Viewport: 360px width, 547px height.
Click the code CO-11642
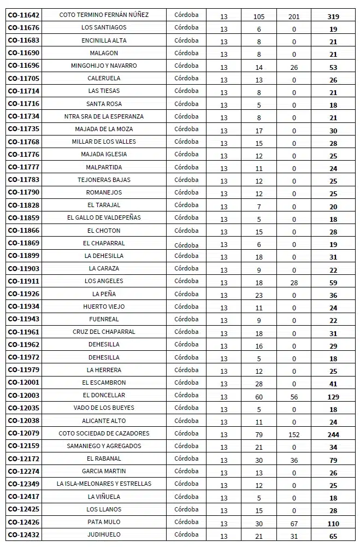point(23,15)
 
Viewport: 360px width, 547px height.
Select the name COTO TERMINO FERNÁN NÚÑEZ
point(104,15)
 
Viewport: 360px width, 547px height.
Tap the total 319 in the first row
point(333,16)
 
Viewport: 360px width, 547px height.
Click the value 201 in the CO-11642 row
point(294,16)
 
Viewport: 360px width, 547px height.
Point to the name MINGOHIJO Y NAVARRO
point(104,66)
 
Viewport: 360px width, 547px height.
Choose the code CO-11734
point(23,116)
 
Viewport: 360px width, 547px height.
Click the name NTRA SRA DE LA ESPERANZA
point(104,116)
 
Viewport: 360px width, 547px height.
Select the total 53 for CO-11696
point(333,67)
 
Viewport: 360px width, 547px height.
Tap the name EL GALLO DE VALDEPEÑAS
point(104,217)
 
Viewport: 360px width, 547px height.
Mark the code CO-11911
point(23,281)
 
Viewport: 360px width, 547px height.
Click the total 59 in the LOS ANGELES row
point(333,283)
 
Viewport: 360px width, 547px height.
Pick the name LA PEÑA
point(104,294)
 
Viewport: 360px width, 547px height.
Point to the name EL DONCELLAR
point(104,395)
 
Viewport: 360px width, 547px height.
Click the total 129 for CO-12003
point(333,397)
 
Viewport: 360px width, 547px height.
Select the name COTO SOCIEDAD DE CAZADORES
point(104,433)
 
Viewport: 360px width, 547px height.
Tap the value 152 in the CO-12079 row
point(294,435)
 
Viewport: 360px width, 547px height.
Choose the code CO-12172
point(23,458)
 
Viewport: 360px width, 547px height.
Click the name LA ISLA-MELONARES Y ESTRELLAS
point(104,484)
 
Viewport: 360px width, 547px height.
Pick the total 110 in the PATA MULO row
point(333,524)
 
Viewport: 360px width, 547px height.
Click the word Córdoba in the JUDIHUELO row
point(186,534)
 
